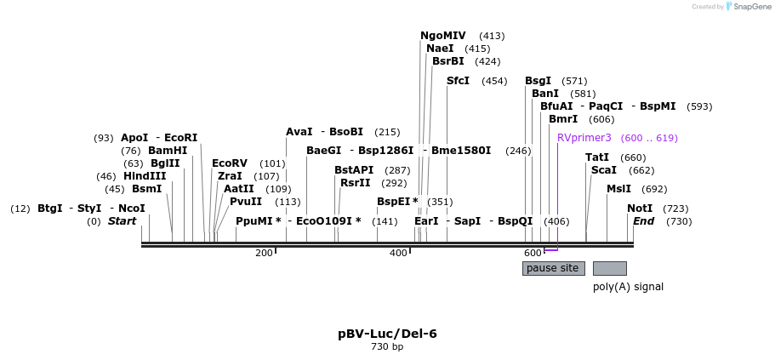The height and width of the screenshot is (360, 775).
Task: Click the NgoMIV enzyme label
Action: pyautogui.click(x=443, y=36)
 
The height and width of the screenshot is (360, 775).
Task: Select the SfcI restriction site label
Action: pyautogui.click(x=458, y=81)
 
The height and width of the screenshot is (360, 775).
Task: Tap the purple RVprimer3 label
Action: pyautogui.click(x=584, y=138)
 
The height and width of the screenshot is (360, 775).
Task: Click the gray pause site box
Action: pyautogui.click(x=553, y=268)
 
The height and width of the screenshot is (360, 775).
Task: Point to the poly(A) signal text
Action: pyautogui.click(x=628, y=287)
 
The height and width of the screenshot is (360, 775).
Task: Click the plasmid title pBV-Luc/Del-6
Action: pyautogui.click(x=387, y=334)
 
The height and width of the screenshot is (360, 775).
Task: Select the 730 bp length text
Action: pyautogui.click(x=387, y=347)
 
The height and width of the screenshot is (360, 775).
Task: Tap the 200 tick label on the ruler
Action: pyautogui.click(x=264, y=253)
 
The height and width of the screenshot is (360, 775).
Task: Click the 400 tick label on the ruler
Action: pyautogui.click(x=398, y=253)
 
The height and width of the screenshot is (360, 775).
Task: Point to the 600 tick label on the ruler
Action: pyautogui.click(x=533, y=253)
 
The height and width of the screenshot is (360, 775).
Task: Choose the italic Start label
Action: pyautogui.click(x=122, y=221)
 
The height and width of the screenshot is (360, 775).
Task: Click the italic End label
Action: pyautogui.click(x=643, y=221)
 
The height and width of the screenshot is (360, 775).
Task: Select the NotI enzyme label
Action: pyautogui.click(x=640, y=209)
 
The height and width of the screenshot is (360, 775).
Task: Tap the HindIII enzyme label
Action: pyautogui.click(x=145, y=176)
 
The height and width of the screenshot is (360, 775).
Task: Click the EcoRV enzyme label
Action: pyautogui.click(x=230, y=163)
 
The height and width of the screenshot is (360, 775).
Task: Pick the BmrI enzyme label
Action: pyautogui.click(x=563, y=119)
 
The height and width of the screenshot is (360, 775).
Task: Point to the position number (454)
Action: pyautogui.click(x=494, y=82)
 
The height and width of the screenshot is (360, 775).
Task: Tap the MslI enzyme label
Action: pyautogui.click(x=618, y=189)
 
